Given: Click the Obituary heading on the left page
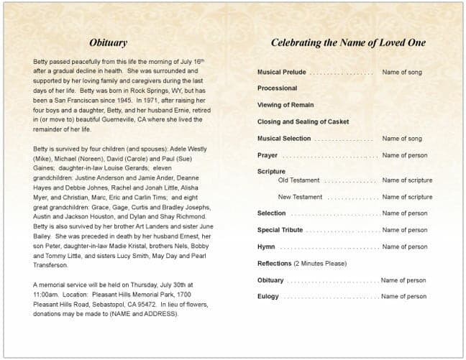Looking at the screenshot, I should click(109, 43).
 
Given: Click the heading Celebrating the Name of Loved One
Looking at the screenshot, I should click(348, 43).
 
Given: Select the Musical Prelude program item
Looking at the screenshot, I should click(281, 73).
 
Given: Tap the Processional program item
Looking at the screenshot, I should click(277, 88).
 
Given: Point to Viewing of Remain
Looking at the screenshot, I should click(285, 105).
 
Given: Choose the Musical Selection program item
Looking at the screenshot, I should click(284, 139).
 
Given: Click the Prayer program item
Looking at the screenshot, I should click(268, 155).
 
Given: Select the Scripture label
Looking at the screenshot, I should click(271, 172).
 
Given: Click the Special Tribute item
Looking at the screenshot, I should click(280, 230).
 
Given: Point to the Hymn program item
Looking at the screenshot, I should click(266, 247).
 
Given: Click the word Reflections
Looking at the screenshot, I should click(274, 264).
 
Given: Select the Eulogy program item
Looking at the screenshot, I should click(268, 297).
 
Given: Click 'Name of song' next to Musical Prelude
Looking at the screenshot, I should click(402, 73).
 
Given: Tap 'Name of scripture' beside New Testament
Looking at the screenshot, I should click(407, 197).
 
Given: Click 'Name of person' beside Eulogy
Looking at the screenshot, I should click(404, 297).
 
